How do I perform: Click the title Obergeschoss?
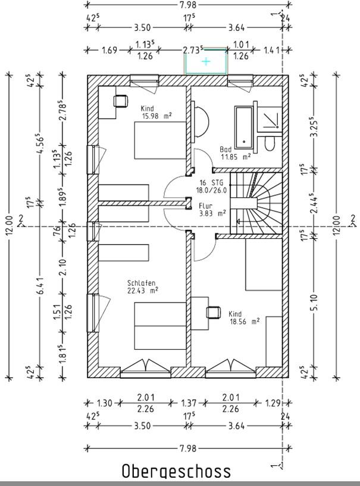pyautogui.click(x=176, y=472)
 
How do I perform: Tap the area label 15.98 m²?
pyautogui.click(x=156, y=116)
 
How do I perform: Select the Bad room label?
pyautogui.click(x=226, y=149)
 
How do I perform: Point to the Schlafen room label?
pyautogui.click(x=141, y=283)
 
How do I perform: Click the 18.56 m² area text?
pyautogui.click(x=244, y=322)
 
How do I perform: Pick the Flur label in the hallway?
pyautogui.click(x=205, y=206)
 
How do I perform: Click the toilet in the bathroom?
pyautogui.click(x=270, y=144)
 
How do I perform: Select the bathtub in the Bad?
pyautogui.click(x=244, y=127)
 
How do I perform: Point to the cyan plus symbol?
pyautogui.click(x=206, y=61)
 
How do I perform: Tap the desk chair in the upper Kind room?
pyautogui.click(x=120, y=101)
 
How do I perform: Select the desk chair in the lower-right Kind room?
pyautogui.click(x=213, y=313)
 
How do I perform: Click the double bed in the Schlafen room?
pyautogui.click(x=160, y=326)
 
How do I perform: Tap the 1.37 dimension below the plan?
pyautogui.click(x=189, y=403)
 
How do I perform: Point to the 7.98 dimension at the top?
pyautogui.click(x=188, y=5)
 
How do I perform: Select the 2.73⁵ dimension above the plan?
pyautogui.click(x=193, y=50)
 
